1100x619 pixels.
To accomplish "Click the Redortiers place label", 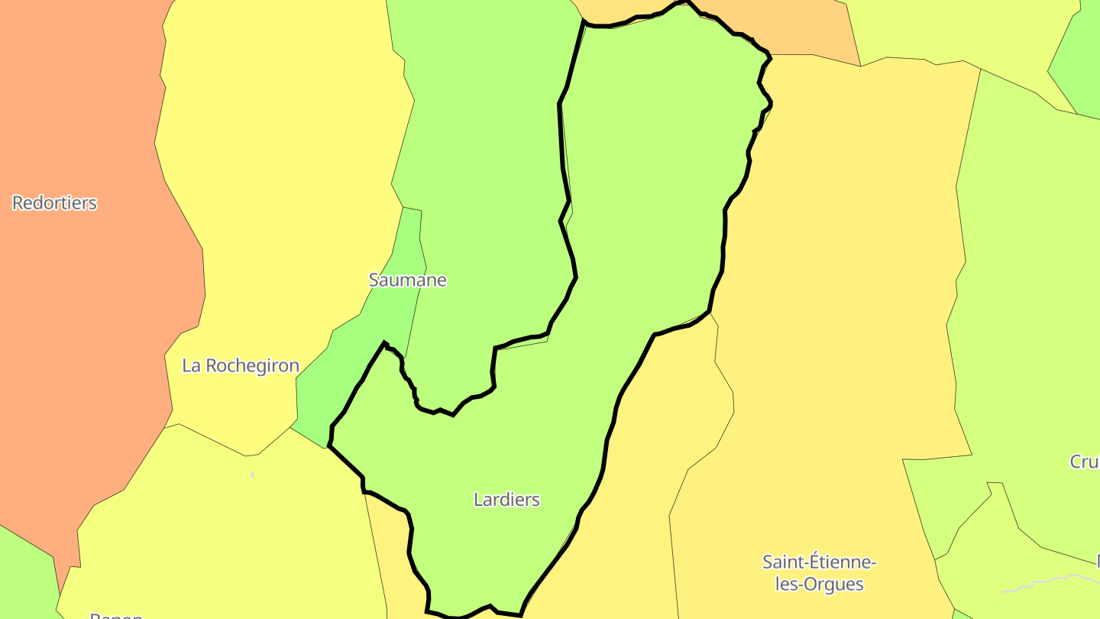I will coord(55,203).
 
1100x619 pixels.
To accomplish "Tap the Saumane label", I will coord(407,280).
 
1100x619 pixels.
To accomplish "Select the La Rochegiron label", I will coord(241,366).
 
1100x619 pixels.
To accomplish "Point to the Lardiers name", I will coord(506,500).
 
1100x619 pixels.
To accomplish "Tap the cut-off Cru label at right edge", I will coord(1085,462).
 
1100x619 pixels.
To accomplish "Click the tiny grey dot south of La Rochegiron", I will coord(252,475).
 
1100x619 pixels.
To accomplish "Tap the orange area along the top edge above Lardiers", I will coord(802,31).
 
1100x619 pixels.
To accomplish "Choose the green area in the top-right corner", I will coord(1081,61).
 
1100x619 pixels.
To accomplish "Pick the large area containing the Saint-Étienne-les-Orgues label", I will coord(840,306).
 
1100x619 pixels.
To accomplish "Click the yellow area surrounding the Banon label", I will coord(229,535).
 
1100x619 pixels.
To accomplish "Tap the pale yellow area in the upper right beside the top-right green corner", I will coord(955,31).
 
